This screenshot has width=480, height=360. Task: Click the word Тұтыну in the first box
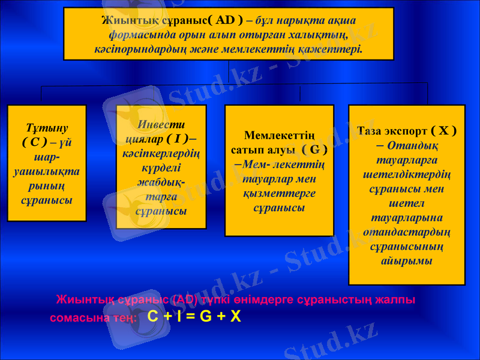coord(47,128)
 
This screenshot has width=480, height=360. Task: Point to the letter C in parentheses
coord(35,142)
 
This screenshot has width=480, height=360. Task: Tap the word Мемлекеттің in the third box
coord(279,135)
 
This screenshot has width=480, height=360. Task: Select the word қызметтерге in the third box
coord(279,193)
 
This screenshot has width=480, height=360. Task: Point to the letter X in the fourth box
coord(443,131)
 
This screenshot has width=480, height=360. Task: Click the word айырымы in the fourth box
coord(406,261)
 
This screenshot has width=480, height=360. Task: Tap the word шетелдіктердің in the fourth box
coord(407,174)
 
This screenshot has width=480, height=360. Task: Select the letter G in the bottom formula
coord(206,316)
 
